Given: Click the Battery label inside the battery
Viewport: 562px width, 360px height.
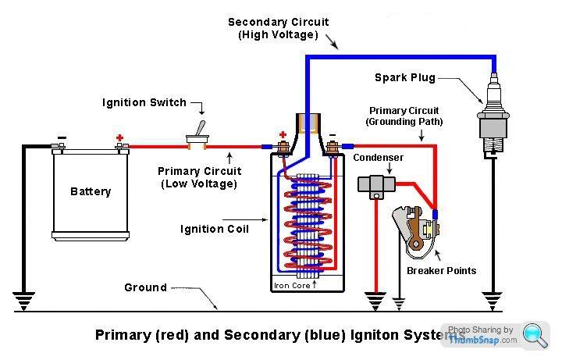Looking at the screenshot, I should pyautogui.click(x=91, y=191).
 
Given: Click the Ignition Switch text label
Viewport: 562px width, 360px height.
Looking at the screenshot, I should pyautogui.click(x=144, y=102).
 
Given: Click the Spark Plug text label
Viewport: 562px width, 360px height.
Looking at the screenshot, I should pyautogui.click(x=404, y=78).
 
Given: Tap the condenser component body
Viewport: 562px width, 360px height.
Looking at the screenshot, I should pyautogui.click(x=373, y=184).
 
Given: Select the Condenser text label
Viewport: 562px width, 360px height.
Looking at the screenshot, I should pyautogui.click(x=378, y=158).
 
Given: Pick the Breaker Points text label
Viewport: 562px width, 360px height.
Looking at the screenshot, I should pyautogui.click(x=441, y=271).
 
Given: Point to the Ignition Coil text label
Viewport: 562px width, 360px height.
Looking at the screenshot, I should pyautogui.click(x=214, y=229).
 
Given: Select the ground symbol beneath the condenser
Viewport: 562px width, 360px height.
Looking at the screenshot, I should pyautogui.click(x=375, y=298).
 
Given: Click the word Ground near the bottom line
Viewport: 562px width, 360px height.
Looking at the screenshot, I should pyautogui.click(x=145, y=287).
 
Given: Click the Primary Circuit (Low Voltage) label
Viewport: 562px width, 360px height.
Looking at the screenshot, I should pyautogui.click(x=200, y=177).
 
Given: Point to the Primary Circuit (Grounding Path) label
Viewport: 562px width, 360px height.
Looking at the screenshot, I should pyautogui.click(x=404, y=116).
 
